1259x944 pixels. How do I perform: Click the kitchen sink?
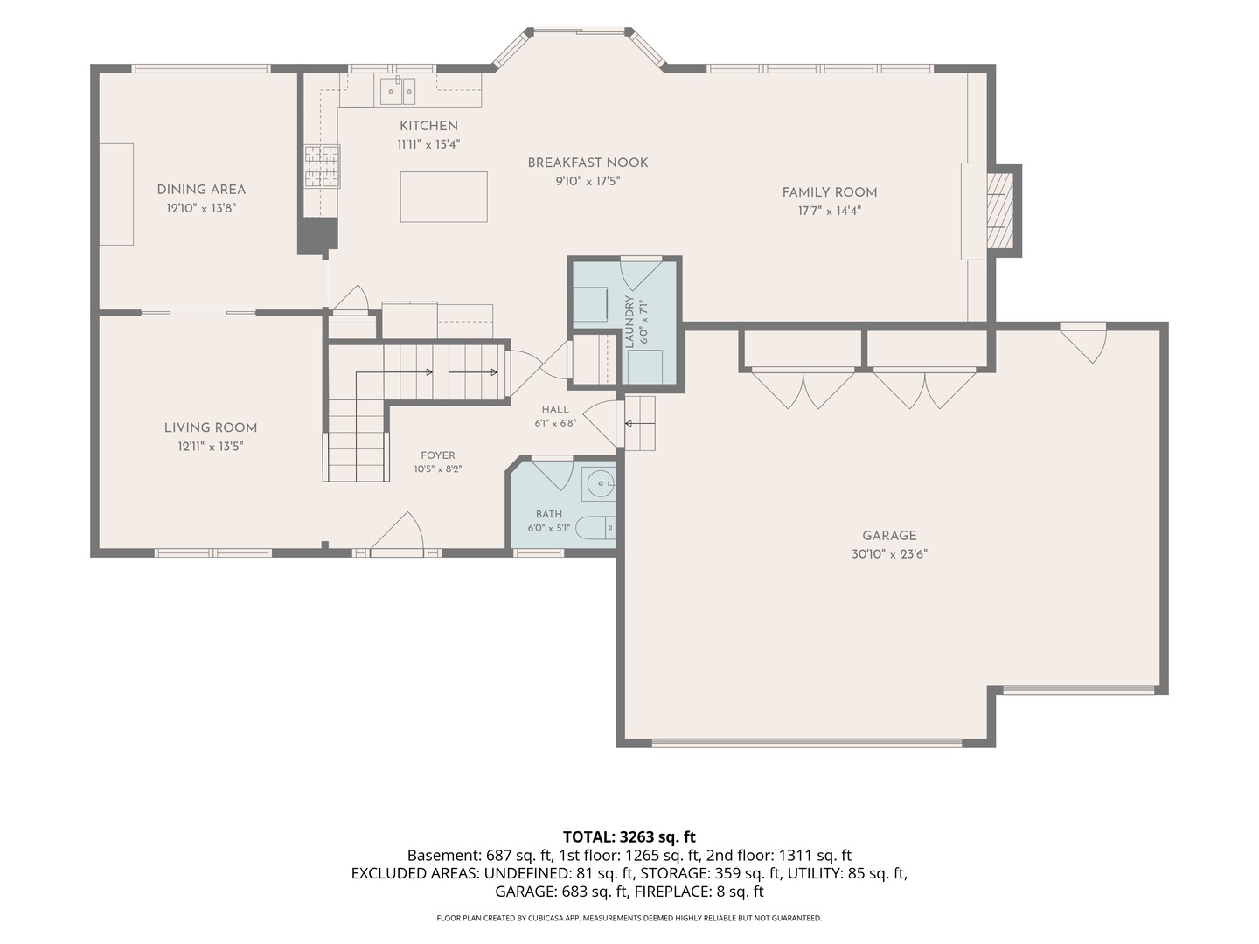click(398, 90)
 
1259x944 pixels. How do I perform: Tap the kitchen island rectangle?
click(443, 197)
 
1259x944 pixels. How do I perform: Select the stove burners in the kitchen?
click(322, 167)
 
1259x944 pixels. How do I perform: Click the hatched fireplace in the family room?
click(999, 211)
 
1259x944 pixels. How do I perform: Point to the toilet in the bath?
click(595, 528)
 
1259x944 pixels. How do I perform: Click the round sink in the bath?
click(599, 483)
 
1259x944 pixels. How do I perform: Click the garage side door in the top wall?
click(1083, 344)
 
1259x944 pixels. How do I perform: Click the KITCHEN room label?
click(428, 126)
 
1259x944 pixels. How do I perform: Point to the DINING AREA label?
click(201, 190)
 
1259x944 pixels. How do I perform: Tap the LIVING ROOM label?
click(211, 427)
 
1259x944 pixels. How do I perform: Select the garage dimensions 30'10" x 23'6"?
click(890, 554)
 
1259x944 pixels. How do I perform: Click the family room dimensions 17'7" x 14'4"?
click(830, 211)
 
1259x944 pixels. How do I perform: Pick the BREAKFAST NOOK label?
click(588, 163)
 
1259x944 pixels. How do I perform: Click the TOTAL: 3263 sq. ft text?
click(629, 837)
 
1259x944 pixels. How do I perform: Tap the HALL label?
click(555, 409)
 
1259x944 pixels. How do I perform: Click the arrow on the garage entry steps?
click(639, 424)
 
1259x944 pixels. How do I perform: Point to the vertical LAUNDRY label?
click(629, 323)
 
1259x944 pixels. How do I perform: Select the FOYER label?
click(438, 455)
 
